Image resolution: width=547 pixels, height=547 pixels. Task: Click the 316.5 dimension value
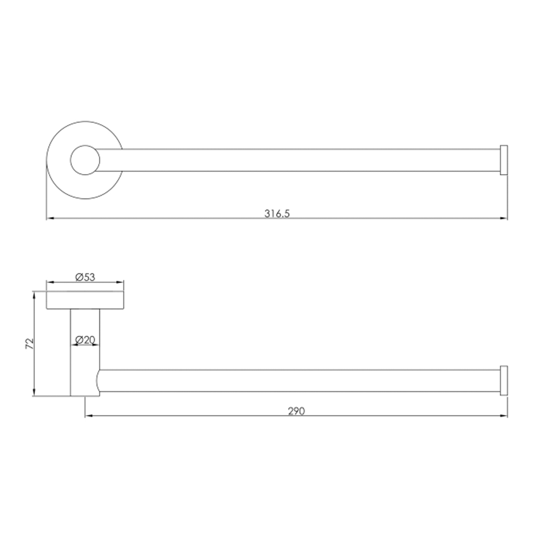point(277,213)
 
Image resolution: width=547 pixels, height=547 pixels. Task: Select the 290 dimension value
point(296,411)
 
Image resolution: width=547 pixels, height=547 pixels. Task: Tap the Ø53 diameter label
point(85,277)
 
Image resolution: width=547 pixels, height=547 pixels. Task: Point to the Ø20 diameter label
point(85,340)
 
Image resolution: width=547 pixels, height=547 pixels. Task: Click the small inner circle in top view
point(85,160)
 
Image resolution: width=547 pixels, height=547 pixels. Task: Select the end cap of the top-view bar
point(504,160)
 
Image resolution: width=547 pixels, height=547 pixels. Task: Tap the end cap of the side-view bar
point(504,380)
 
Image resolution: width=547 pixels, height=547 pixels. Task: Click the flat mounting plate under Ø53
point(85,300)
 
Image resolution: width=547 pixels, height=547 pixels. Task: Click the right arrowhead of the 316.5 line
point(504,218)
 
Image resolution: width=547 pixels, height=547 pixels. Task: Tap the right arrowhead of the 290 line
point(504,415)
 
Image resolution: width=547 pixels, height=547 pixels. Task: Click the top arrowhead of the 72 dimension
point(34,295)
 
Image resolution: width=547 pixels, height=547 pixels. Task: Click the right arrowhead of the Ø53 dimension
point(120,282)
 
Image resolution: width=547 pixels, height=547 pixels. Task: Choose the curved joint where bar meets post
point(98,381)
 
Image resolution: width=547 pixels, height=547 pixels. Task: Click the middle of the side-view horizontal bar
point(299,381)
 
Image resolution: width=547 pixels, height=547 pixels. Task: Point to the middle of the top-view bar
point(299,160)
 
